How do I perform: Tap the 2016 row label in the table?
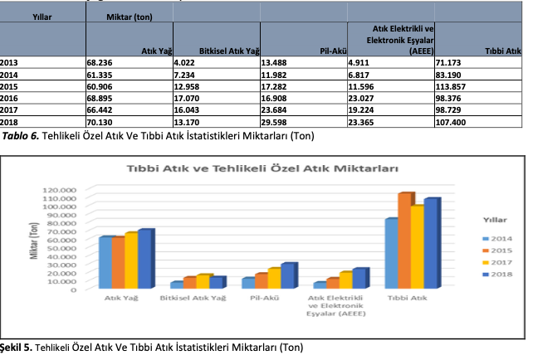11,98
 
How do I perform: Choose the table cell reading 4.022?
186,62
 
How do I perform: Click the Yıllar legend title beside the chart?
496,220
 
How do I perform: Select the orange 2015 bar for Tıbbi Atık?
404,241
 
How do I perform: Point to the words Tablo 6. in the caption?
22,134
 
